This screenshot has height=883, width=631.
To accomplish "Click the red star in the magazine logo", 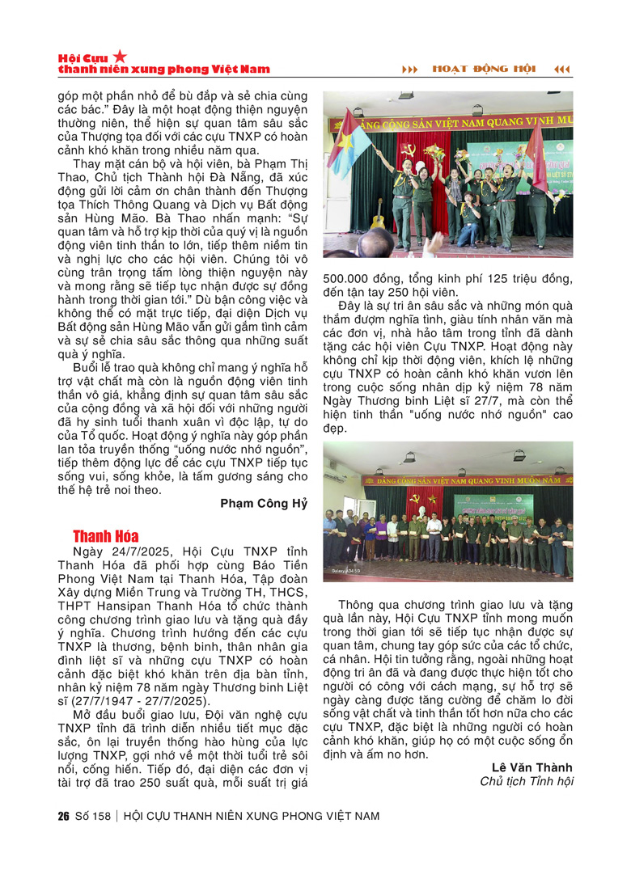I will pos(120,56).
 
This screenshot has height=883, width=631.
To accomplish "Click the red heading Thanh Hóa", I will pos(105,536).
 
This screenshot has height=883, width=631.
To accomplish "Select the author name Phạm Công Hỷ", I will pos(264,504).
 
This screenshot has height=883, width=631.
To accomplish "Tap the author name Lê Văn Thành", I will pos(531,767).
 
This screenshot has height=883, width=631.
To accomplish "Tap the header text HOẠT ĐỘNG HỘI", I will pos(484,69).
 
